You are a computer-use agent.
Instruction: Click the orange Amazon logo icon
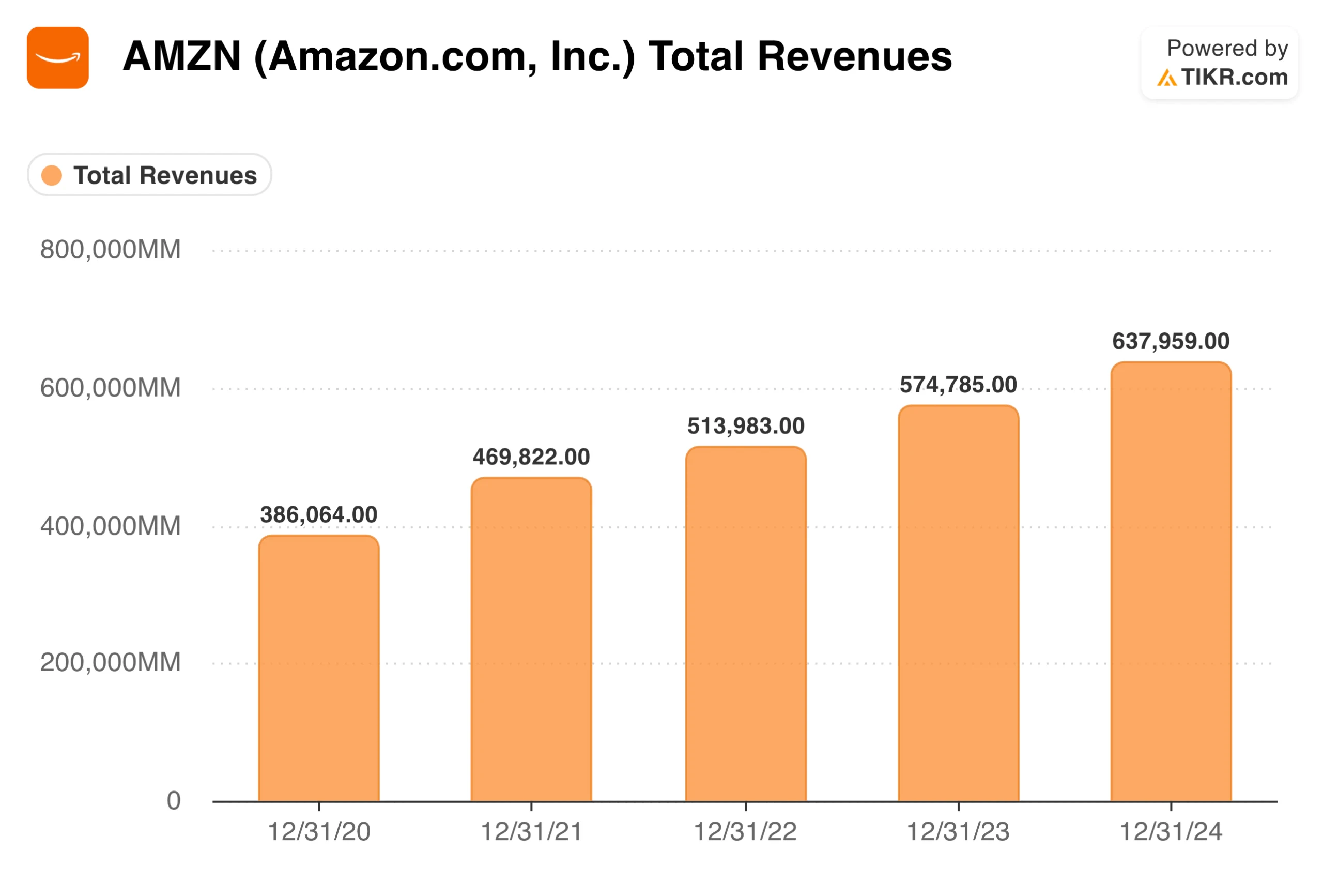57,57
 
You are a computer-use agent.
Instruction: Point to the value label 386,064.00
318,514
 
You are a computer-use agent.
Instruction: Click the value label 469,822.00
531,456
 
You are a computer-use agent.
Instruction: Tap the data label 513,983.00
746,425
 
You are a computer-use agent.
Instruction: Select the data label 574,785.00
958,384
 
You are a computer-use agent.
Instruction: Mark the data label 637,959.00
1171,341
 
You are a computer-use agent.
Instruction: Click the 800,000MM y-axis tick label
110,249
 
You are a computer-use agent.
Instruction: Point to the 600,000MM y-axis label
110,388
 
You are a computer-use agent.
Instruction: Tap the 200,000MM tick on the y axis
110,662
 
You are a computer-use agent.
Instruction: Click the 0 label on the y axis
173,800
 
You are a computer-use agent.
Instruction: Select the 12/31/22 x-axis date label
745,831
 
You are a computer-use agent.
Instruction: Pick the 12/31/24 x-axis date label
1171,831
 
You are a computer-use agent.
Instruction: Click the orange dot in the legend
52,175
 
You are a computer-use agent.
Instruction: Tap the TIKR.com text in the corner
1234,77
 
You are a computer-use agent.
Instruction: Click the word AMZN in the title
181,56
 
